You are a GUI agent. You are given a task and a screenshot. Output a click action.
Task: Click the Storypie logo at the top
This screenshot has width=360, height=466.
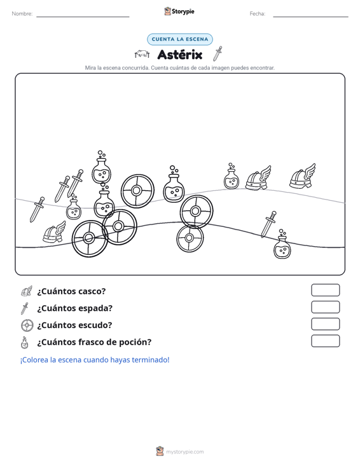pos(179,11)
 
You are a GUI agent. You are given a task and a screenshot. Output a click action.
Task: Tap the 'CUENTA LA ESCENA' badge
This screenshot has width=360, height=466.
pos(180,39)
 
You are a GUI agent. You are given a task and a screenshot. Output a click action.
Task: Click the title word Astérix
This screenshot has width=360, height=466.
pos(180,55)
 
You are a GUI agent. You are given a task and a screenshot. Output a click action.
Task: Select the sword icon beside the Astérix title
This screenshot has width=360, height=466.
pos(218,53)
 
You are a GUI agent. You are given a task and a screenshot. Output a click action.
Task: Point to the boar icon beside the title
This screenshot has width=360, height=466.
pos(142,54)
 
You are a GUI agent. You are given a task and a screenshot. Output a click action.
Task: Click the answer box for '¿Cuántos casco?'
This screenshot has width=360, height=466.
pos(326,290)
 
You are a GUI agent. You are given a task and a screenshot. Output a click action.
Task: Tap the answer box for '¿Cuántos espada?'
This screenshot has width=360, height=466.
pos(326,307)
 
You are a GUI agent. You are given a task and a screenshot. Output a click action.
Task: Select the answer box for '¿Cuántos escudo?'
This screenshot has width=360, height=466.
pos(326,324)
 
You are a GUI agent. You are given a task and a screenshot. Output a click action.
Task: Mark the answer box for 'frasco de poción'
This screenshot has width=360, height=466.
pos(326,341)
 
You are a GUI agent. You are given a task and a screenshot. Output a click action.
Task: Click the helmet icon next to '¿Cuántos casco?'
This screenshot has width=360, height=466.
pos(27,291)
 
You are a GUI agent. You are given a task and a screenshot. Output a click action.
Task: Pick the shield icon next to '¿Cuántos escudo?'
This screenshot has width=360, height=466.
pos(27,326)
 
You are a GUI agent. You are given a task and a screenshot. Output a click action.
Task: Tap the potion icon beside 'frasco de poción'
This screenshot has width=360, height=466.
pos(25,343)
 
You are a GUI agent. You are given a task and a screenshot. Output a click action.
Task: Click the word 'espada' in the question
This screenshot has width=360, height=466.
pos(97,308)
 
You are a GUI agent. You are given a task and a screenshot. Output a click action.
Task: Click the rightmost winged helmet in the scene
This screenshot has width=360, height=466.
pos(302,176)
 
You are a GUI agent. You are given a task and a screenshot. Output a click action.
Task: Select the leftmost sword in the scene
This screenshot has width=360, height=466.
pos(37,210)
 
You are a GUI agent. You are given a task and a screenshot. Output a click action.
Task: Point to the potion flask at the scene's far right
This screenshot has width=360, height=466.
pos(282,244)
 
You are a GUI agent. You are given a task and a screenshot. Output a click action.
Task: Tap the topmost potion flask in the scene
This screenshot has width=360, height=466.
pos(101,167)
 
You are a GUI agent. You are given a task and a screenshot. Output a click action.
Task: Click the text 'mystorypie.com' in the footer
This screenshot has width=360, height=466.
pos(185,452)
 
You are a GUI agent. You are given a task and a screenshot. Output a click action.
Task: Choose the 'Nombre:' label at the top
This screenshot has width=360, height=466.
pos(22,14)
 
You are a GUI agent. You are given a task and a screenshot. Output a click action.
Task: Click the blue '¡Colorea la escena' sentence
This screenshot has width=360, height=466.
pos(95,360)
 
